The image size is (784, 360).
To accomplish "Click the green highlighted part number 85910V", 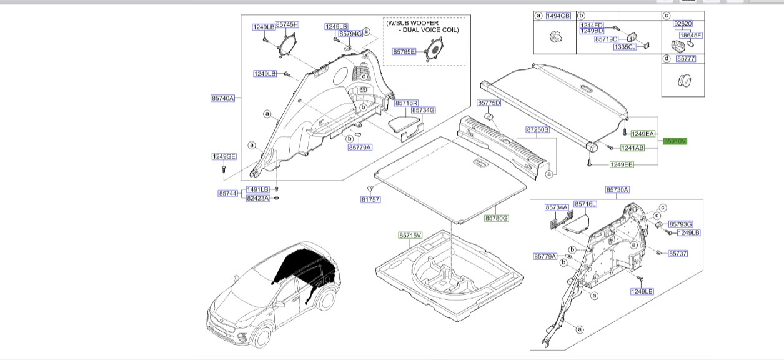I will [x=675, y=142].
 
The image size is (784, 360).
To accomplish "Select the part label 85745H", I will [x=287, y=24].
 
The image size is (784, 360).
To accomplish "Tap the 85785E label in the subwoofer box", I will [x=404, y=52].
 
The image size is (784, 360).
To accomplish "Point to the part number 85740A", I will [x=222, y=98].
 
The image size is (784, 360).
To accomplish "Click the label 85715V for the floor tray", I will [x=410, y=235].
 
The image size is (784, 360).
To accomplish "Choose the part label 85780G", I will [x=497, y=218].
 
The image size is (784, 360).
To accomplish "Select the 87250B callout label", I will [x=537, y=129].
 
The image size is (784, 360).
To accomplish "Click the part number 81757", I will [x=370, y=199].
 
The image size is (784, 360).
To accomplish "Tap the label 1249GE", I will [x=224, y=156].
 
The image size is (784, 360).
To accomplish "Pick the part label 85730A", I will [x=617, y=189].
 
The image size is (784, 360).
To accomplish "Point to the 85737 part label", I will [x=678, y=254].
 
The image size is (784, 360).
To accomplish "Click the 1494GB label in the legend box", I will [x=558, y=16].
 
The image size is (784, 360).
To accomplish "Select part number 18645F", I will [x=691, y=36].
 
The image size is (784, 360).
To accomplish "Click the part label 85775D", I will [x=489, y=102].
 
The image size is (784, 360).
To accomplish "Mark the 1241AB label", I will [x=632, y=148].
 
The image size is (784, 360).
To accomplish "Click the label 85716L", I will [x=585, y=204].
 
